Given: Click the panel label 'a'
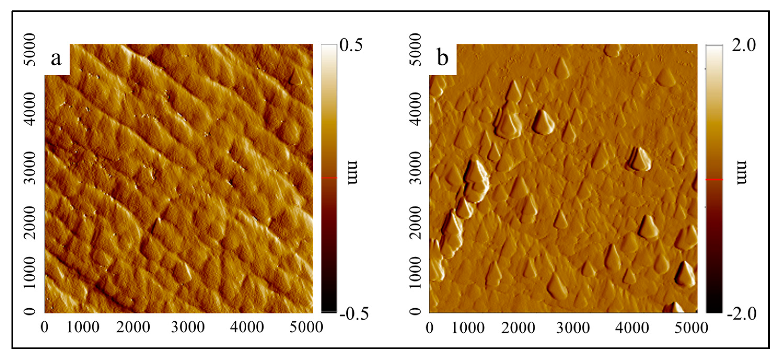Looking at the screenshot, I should pos(56,58).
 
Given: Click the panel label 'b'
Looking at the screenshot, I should pos(443,58).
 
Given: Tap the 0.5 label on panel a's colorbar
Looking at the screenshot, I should pos(351,45).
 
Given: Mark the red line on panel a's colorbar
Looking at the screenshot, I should pos(329,178).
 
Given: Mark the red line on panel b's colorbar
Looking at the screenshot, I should pos(714,180).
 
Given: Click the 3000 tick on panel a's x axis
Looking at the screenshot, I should pos(188,328).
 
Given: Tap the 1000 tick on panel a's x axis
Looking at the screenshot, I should pos(83,328).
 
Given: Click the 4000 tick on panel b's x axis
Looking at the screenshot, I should pos(632,328).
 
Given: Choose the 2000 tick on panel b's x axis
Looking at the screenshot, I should pos(518,328).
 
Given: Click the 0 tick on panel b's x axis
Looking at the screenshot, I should pos(429,328).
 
